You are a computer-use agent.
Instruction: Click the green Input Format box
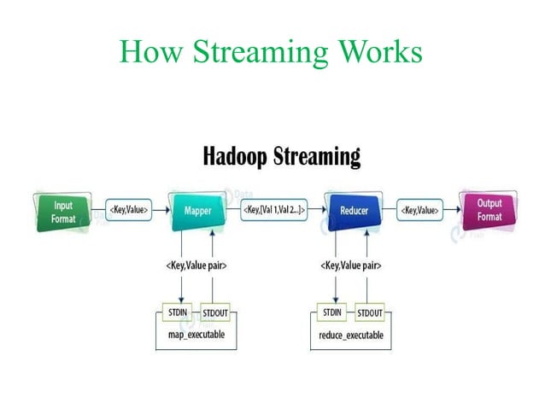point(63,210)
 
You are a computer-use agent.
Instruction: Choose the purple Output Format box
point(489,210)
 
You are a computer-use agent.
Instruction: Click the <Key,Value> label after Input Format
point(127,210)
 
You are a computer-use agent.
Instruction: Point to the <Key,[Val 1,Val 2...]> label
point(273,210)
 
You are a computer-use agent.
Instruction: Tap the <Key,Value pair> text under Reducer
point(351,265)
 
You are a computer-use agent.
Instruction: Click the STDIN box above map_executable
point(178,312)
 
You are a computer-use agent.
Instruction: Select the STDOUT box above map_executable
point(215,312)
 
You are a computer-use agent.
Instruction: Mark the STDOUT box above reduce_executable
point(369,312)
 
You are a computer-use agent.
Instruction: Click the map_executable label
point(196,335)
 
